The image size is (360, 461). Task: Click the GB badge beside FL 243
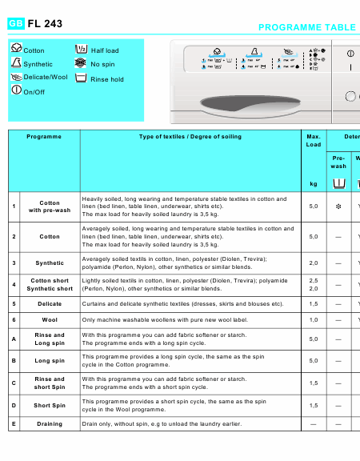(x=16, y=24)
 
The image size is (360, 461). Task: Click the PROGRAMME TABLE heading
(x=307, y=27)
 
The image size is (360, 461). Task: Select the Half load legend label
(x=105, y=50)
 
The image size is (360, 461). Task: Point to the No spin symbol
(x=80, y=63)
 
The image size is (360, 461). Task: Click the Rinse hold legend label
(x=107, y=79)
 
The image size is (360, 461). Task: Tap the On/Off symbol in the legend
(x=16, y=90)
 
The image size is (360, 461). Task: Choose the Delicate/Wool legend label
(x=46, y=78)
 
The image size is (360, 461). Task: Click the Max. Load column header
(x=314, y=141)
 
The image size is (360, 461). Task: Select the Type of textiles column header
(x=190, y=137)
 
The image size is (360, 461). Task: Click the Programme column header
(x=44, y=137)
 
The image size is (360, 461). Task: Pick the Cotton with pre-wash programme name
(x=50, y=206)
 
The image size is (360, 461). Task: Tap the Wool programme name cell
(x=50, y=319)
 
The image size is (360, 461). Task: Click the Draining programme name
(x=50, y=423)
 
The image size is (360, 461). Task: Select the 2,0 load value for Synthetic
(x=314, y=263)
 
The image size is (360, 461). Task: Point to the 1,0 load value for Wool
(x=314, y=319)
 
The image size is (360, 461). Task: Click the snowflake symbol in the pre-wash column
(x=338, y=206)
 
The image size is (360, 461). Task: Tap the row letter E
(x=14, y=423)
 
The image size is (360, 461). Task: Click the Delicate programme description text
(x=183, y=304)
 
